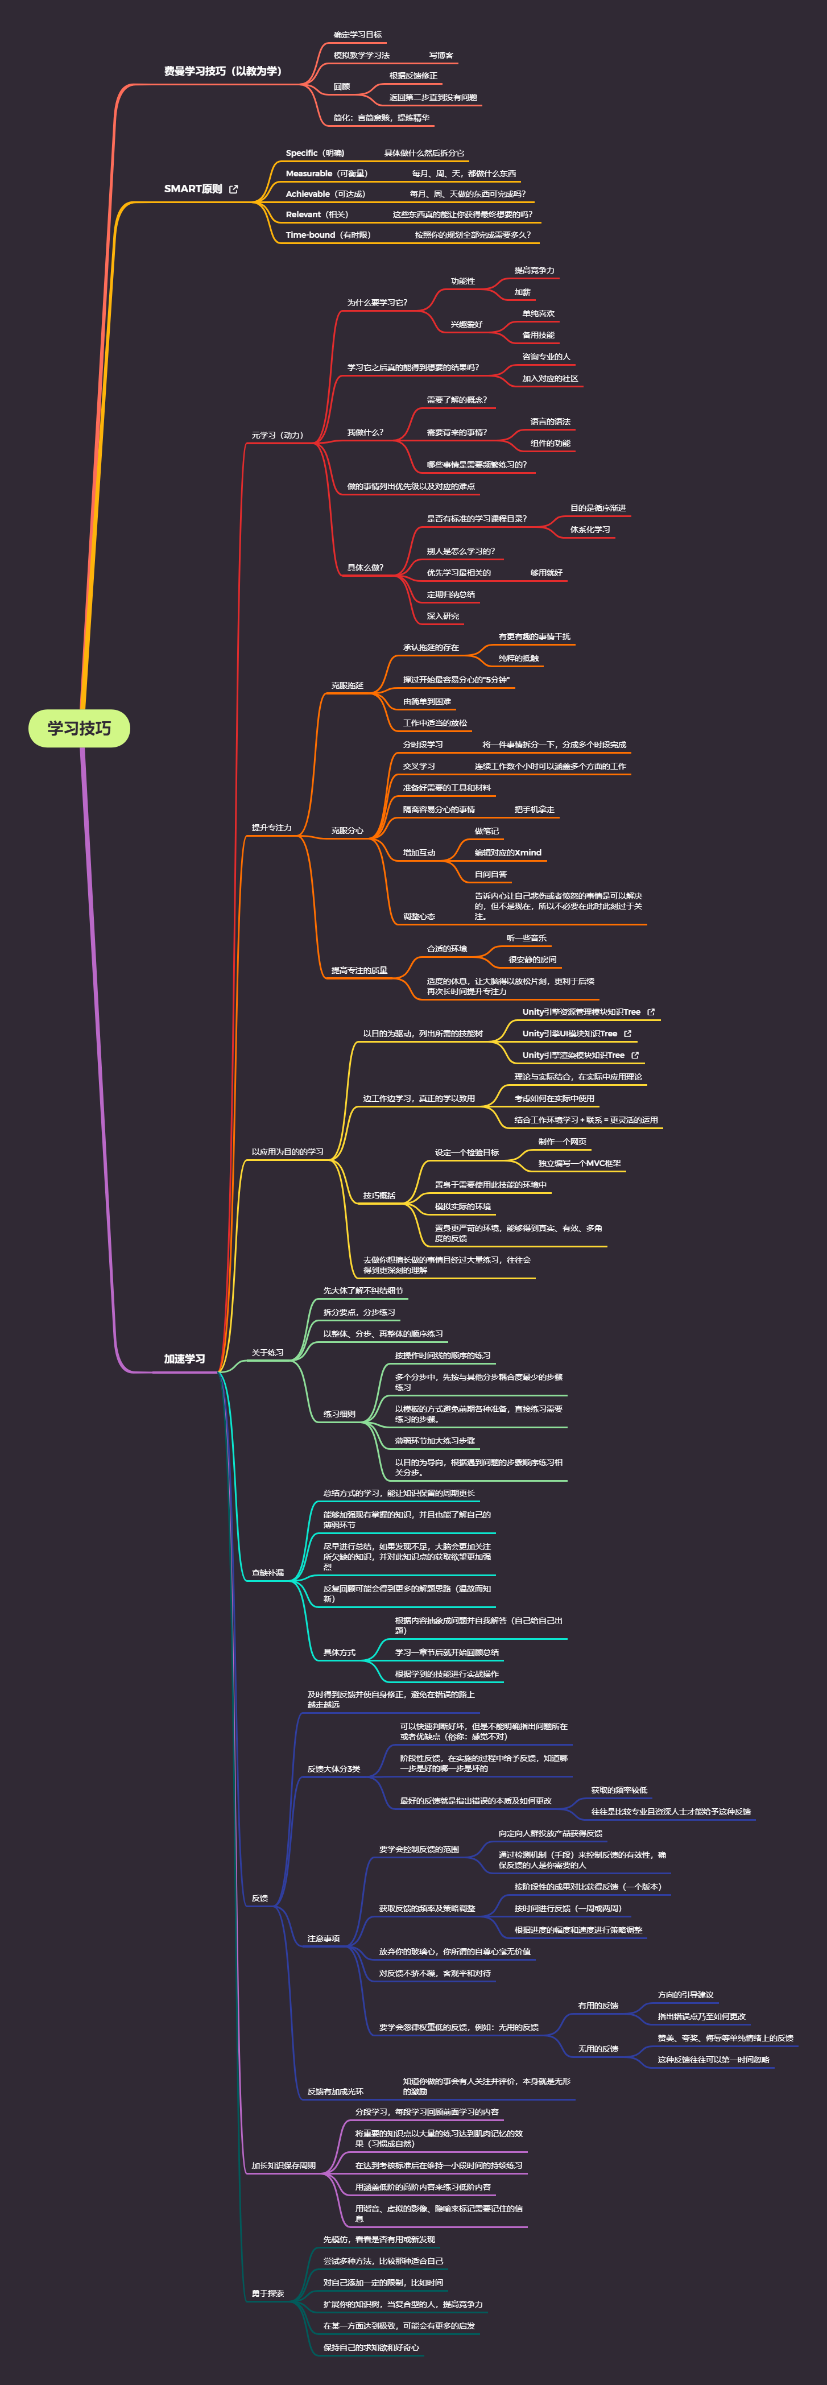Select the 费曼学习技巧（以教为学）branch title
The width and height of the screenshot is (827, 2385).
point(222,71)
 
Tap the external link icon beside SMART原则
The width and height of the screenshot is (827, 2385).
point(233,189)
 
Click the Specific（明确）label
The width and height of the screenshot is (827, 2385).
point(315,154)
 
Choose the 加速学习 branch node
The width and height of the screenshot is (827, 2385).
point(184,1359)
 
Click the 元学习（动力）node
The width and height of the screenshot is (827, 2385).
point(277,435)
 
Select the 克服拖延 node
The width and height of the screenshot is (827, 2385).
point(348,686)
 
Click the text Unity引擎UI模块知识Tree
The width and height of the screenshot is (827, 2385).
point(569,1034)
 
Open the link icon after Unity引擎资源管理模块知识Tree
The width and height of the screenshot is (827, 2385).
point(651,1012)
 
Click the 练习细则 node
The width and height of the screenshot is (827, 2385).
point(339,1415)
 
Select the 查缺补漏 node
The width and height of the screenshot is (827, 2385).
point(268,1573)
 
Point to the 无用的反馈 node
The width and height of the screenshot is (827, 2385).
point(598,2049)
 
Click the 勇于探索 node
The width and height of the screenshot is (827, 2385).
point(268,2293)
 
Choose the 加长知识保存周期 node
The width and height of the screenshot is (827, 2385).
point(283,2165)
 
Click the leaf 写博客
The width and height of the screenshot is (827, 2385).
point(441,56)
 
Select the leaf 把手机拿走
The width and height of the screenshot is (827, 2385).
point(534,810)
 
